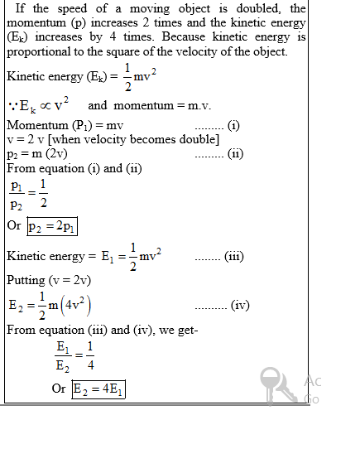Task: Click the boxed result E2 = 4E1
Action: (98, 389)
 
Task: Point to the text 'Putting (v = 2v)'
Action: (49, 280)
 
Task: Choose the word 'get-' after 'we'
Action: (184, 330)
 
